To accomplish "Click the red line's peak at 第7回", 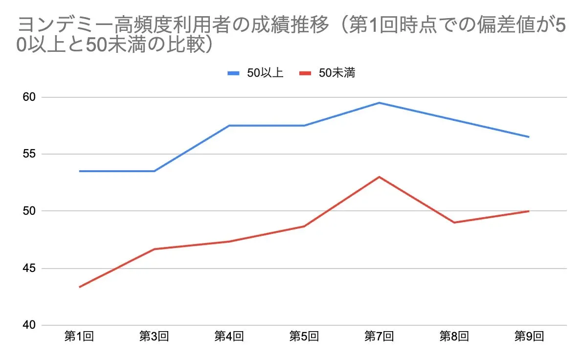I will pyautogui.click(x=379, y=177).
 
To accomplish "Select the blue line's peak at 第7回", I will pyautogui.click(x=379, y=103).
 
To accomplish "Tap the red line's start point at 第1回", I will pyautogui.click(x=79, y=287).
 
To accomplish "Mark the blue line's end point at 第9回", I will pyautogui.click(x=529, y=137).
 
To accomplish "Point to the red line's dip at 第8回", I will pyautogui.click(x=454, y=223).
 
